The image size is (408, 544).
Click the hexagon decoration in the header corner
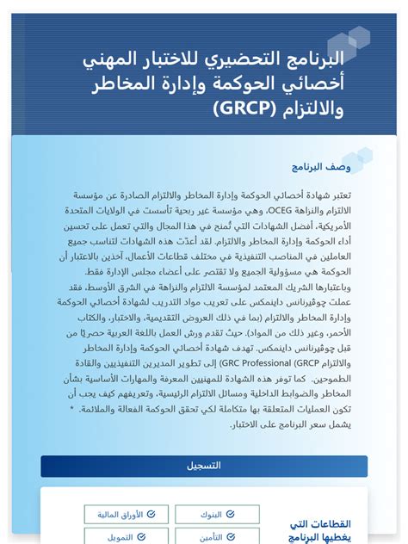tap(349, 43)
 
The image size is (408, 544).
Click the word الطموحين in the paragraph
tap(331, 378)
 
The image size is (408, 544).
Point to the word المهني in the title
tap(109, 60)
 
